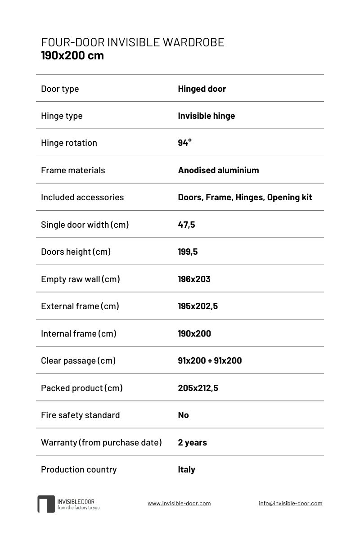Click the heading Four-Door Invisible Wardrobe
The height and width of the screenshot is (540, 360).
click(133, 43)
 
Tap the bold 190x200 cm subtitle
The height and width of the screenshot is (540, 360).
click(72, 56)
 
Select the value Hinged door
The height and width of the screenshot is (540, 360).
click(202, 89)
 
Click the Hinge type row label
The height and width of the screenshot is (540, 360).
click(62, 116)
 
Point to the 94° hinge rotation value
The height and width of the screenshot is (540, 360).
click(184, 143)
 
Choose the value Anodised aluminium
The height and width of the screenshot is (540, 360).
click(218, 170)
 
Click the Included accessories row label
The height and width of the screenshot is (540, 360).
click(82, 197)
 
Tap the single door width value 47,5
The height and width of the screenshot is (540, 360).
click(186, 225)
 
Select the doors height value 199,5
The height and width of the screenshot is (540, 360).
click(188, 252)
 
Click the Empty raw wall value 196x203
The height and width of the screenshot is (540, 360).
click(194, 279)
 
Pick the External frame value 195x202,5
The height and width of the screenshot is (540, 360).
click(198, 306)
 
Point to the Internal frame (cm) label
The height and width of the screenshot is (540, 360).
click(79, 333)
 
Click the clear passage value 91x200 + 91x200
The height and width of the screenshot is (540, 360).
click(210, 360)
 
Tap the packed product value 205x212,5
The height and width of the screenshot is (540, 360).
click(198, 388)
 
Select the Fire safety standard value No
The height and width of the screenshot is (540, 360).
click(183, 415)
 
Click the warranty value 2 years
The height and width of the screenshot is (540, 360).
click(192, 442)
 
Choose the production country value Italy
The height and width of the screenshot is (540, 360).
click(186, 469)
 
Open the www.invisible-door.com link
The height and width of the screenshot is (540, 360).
click(179, 504)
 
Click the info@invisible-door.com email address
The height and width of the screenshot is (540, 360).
click(290, 504)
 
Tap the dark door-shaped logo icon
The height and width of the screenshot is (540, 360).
click(46, 504)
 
